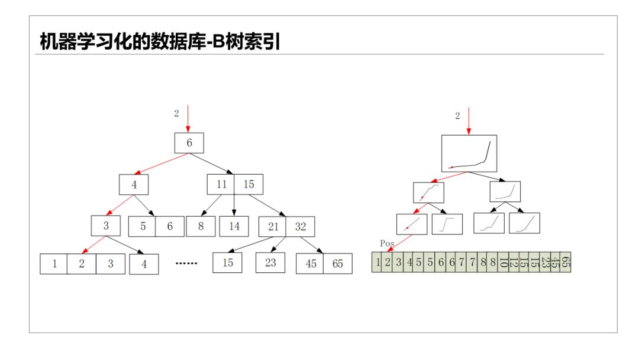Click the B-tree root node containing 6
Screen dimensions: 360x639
(x=189, y=143)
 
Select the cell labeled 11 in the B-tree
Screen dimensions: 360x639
(x=221, y=184)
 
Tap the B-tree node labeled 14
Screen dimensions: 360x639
(x=234, y=226)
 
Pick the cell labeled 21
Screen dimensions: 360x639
(x=272, y=226)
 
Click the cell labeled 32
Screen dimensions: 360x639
(x=301, y=226)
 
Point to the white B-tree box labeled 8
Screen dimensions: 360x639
(x=201, y=226)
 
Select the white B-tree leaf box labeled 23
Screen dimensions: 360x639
(x=270, y=262)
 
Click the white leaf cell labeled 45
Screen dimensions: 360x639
(x=310, y=264)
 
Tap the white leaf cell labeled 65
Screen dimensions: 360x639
(x=337, y=264)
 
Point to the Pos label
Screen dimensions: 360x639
(x=387, y=243)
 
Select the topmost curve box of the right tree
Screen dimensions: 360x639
(x=469, y=153)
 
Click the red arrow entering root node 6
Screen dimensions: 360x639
(x=188, y=118)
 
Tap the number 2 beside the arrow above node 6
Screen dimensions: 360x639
(x=176, y=114)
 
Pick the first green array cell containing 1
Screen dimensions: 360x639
(x=377, y=262)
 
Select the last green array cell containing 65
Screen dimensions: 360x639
(x=566, y=262)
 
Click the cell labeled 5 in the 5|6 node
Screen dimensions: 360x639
(x=143, y=226)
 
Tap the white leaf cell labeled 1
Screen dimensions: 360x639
(x=54, y=264)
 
